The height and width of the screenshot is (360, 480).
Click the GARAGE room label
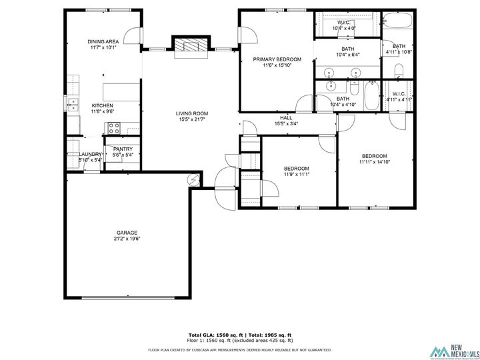(x=126, y=233)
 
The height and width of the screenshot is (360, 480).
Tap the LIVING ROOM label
(x=192, y=113)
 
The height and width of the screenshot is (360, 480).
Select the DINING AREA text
(x=103, y=41)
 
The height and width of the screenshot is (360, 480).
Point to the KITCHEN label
(x=102, y=105)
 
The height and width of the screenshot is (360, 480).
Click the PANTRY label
(x=123, y=149)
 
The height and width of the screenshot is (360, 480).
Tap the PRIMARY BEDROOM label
(x=277, y=59)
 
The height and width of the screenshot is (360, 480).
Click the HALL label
(x=285, y=117)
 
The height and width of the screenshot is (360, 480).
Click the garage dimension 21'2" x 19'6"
(x=126, y=239)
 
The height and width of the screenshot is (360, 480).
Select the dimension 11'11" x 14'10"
(x=373, y=162)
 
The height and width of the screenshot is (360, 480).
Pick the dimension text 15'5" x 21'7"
(x=192, y=119)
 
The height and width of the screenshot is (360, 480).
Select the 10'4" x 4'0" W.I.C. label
(x=344, y=29)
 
